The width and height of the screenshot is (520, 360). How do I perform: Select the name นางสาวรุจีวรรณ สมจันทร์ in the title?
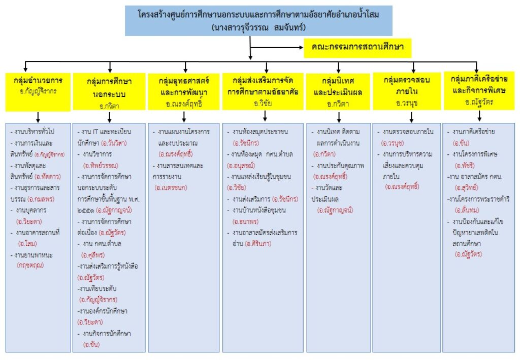click(x=258, y=27)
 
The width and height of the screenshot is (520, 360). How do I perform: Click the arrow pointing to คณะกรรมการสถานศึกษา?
click(x=284, y=48)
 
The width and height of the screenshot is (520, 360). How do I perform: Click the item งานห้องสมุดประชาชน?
click(x=260, y=132)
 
